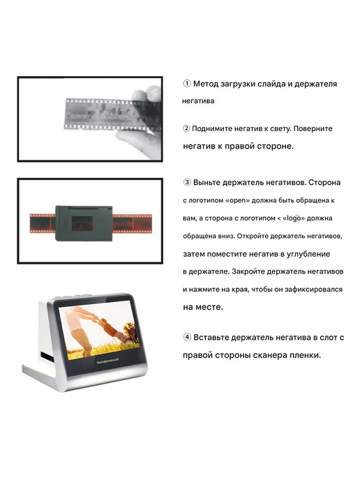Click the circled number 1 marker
(x=187, y=83)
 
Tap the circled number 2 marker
(x=186, y=128)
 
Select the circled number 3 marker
(x=187, y=182)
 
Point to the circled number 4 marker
(x=187, y=337)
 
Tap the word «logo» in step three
(x=294, y=218)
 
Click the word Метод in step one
(x=206, y=84)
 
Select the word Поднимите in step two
(x=211, y=128)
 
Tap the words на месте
(x=203, y=307)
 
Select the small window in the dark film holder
(x=82, y=223)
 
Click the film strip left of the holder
(x=43, y=223)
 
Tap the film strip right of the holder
(x=132, y=224)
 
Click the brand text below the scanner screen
(x=107, y=361)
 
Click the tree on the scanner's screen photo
(x=132, y=333)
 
